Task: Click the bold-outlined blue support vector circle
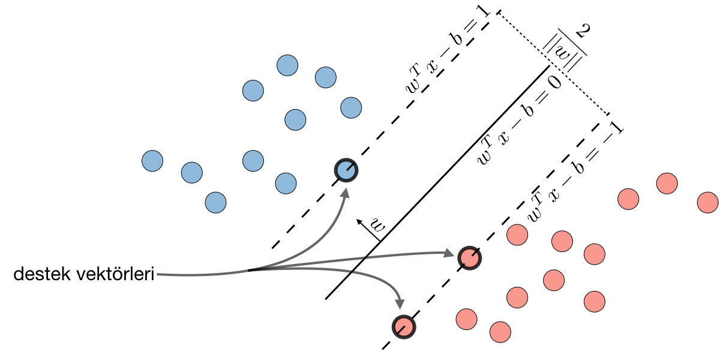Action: pos(346,170)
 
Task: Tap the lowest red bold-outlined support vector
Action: pos(404,326)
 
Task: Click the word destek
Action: pos(41,275)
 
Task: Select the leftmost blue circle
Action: pos(152,160)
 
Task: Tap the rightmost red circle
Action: pos(708,202)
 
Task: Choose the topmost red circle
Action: pos(667,183)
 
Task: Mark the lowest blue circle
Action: pos(215,202)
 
